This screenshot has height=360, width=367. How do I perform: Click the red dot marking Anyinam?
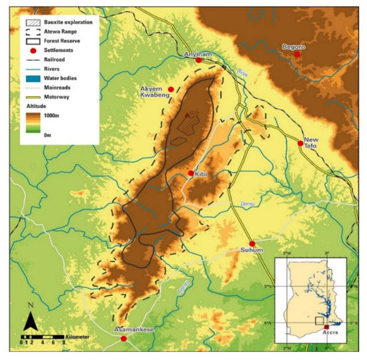point(198,61)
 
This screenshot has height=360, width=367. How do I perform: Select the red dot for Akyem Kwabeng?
point(171,89)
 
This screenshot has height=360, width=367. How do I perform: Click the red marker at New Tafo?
point(300,143)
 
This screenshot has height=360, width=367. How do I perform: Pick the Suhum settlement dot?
point(252,244)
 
